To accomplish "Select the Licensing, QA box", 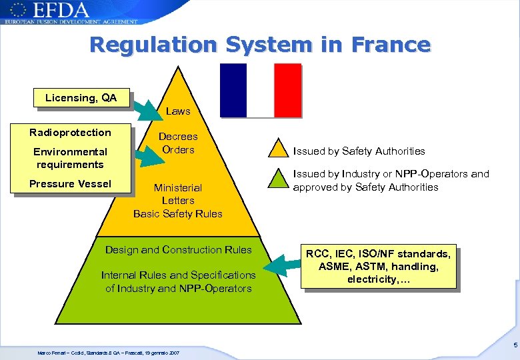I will [x=81, y=98].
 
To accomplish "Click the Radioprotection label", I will [x=70, y=132].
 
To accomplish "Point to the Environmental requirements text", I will [x=70, y=158].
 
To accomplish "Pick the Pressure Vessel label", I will [x=70, y=183].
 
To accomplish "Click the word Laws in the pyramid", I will [x=178, y=111].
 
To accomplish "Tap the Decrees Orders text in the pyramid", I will [x=178, y=143].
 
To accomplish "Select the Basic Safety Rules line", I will [x=178, y=213].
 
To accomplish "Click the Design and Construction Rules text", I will [x=179, y=250].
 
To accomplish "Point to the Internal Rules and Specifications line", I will [x=178, y=275].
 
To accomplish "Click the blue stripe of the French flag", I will [x=233, y=90].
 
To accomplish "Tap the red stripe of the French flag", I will [x=287, y=90].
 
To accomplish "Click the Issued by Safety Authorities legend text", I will [x=359, y=151].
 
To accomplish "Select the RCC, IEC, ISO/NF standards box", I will [x=379, y=267].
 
